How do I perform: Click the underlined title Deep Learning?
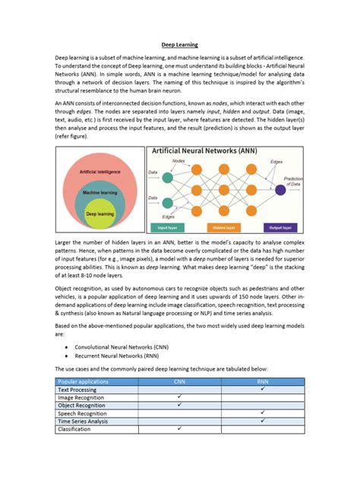click(180, 45)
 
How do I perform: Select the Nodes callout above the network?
click(178, 162)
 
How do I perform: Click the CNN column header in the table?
click(180, 381)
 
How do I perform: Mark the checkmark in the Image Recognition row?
click(180, 396)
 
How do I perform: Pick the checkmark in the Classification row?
click(180, 428)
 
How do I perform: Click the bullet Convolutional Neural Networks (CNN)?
click(123, 345)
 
